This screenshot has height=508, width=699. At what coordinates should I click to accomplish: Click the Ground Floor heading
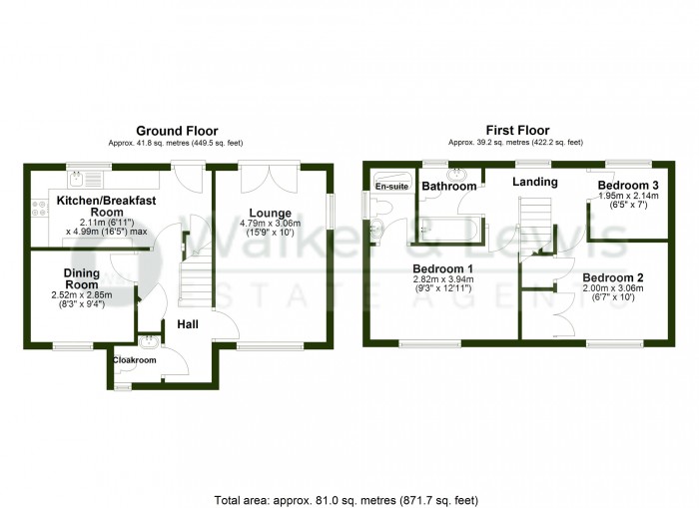point(177,131)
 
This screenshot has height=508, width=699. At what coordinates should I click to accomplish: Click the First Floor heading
point(517,131)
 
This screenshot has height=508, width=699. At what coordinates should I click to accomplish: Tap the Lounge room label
point(271,214)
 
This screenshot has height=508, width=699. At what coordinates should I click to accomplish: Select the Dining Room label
point(82,279)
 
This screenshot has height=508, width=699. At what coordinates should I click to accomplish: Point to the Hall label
point(188,324)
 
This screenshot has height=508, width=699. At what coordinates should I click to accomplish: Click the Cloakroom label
point(135,360)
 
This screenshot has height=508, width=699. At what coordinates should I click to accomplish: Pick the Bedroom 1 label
point(442,269)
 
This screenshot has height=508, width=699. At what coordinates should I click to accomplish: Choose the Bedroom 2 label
point(613,277)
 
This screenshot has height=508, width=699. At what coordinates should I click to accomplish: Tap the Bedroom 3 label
point(628,185)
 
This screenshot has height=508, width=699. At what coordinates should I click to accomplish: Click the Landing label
point(535,182)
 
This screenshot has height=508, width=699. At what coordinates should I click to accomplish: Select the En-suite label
point(391,187)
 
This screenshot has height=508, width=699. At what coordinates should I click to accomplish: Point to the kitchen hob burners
point(38,209)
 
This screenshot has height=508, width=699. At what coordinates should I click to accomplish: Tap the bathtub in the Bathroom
point(449,229)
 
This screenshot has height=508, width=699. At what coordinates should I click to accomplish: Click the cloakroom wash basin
point(147,341)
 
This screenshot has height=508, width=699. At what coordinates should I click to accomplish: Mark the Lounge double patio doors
point(269,177)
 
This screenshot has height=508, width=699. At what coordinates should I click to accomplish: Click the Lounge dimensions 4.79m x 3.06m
point(271,224)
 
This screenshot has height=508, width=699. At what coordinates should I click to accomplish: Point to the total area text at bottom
point(347,500)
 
